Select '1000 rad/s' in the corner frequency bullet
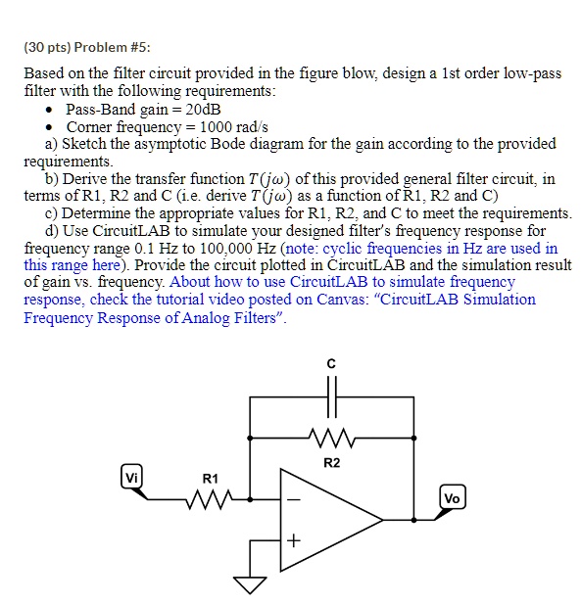pyautogui.click(x=231, y=126)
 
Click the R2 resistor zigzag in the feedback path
pyautogui.click(x=332, y=434)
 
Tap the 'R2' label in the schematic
pyautogui.click(x=331, y=460)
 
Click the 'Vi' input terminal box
pyautogui.click(x=131, y=478)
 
